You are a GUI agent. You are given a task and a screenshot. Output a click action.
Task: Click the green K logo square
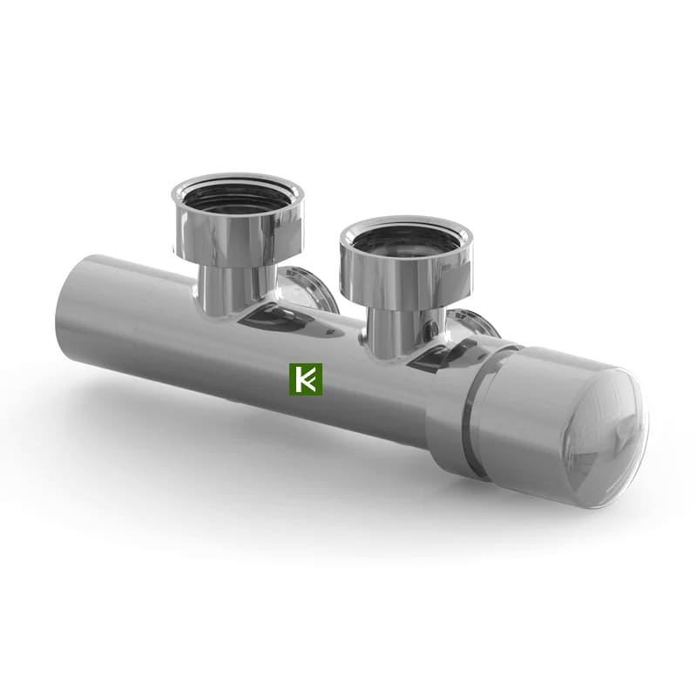pos(306,380)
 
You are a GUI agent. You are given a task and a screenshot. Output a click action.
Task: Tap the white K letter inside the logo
pos(306,380)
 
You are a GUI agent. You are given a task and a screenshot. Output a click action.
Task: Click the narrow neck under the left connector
pos(226,288)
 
